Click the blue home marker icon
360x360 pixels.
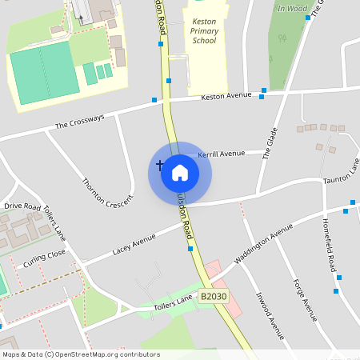(180, 172)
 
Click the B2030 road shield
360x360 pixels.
(213, 297)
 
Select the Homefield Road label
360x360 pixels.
(328, 245)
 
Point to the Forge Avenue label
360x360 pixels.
(306, 297)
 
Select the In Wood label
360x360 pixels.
(292, 9)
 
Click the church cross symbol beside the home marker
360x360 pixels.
(159, 166)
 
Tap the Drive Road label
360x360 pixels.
(22, 206)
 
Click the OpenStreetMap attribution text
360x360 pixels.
(81, 354)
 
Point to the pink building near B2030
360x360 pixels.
(212, 275)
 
